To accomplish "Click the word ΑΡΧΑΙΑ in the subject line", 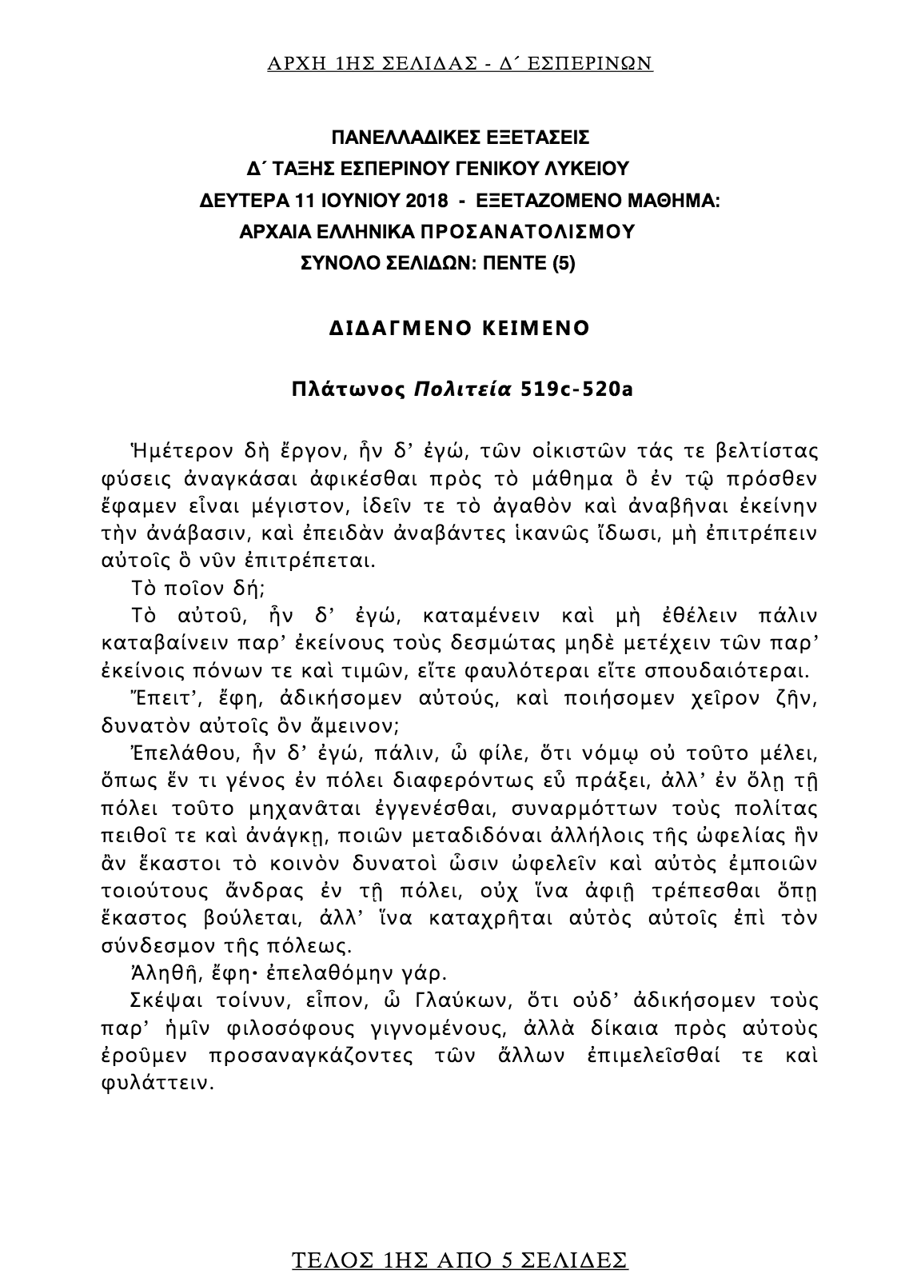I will click(275, 232).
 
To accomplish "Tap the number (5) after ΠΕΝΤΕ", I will click(563, 263).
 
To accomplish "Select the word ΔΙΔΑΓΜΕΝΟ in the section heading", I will click(403, 328).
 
